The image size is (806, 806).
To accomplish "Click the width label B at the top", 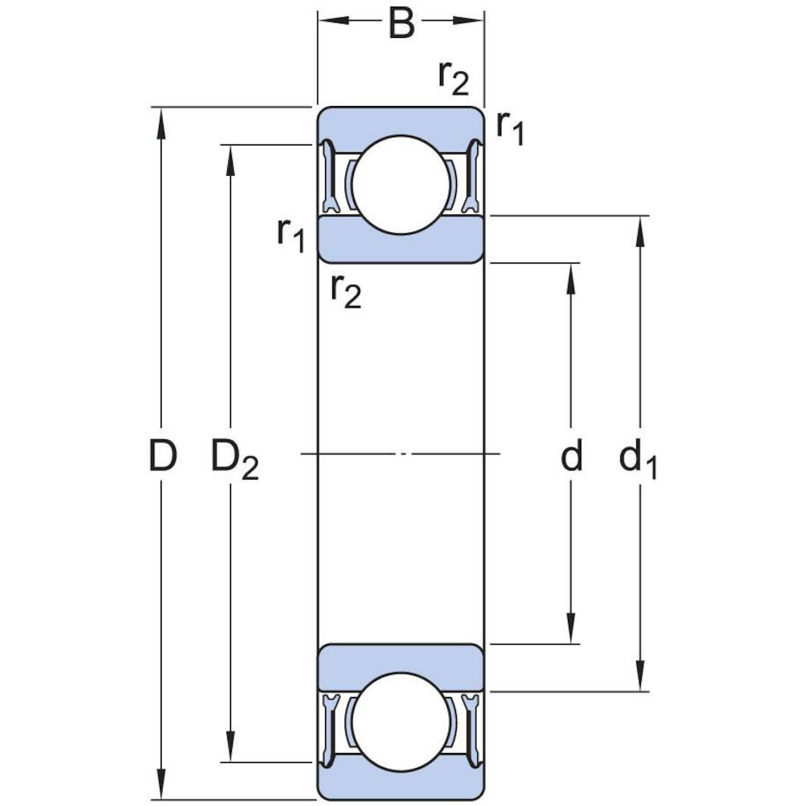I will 401,23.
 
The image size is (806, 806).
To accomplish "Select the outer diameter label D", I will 162,456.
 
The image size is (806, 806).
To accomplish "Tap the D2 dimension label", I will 233,459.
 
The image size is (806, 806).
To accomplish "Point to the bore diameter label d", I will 571,456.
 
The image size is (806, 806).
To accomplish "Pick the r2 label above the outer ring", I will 453,77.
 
